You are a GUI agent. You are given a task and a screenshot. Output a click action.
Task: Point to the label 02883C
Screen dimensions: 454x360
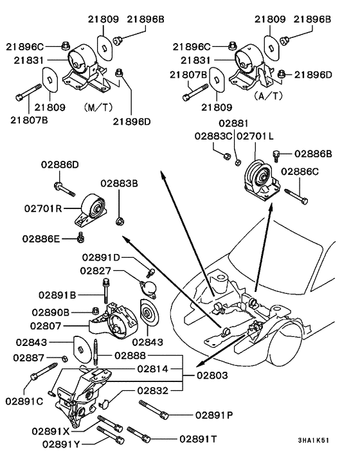point(215,136)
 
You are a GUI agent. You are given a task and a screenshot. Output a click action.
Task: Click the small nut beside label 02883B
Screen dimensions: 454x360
point(119,222)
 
